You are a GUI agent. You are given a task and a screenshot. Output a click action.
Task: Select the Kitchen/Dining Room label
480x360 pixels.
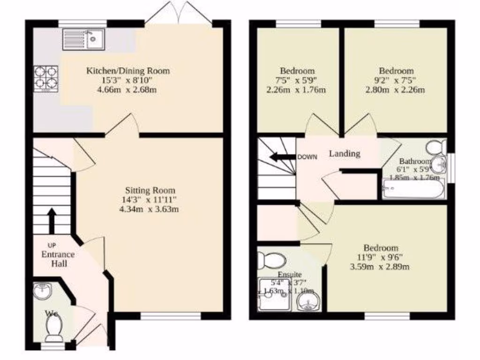point(127,71)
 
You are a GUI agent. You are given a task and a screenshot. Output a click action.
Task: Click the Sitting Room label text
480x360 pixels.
point(150,190)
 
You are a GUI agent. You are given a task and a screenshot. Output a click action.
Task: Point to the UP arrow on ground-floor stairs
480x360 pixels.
point(52,221)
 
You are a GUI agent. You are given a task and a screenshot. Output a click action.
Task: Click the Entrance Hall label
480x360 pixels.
point(58,259)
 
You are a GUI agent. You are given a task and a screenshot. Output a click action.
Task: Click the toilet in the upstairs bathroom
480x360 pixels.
point(437,147)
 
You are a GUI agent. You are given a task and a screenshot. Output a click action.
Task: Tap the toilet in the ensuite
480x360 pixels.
point(273,259)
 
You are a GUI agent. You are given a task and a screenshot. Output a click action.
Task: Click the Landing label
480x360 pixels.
point(344,153)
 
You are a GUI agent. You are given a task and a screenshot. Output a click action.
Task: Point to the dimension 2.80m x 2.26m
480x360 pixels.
point(395,90)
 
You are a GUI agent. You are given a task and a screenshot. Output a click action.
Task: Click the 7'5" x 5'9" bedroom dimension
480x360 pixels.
point(298,80)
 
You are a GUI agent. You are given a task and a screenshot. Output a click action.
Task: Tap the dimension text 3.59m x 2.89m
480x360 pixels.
point(380,267)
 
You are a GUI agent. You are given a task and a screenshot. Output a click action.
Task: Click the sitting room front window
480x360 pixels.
point(171,317)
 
